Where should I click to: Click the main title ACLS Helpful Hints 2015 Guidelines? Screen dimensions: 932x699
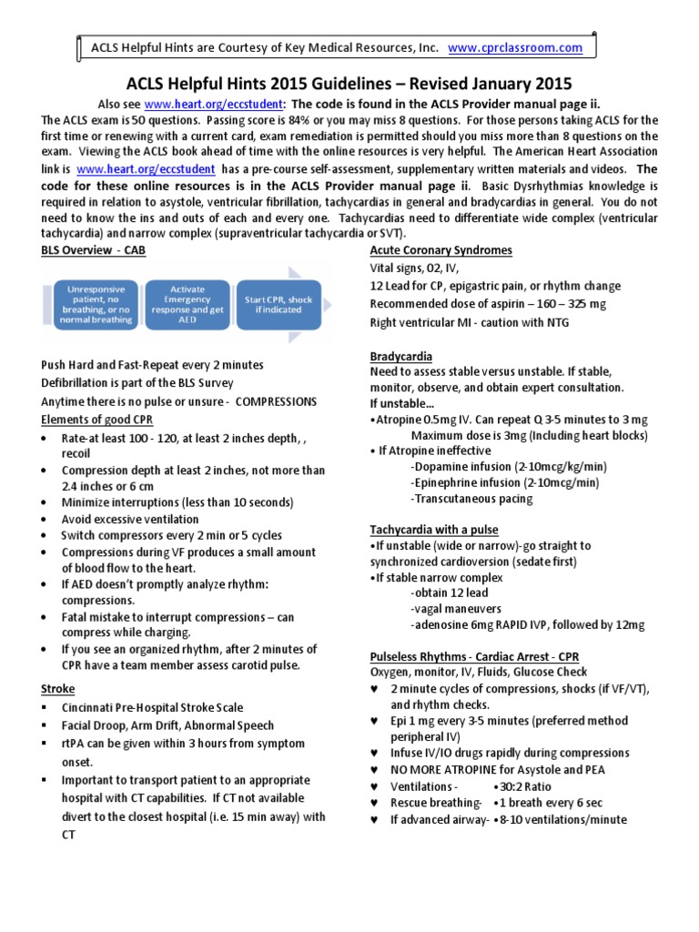click(349, 83)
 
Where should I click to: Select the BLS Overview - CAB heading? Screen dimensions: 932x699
click(92, 249)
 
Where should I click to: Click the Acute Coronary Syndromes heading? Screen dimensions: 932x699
click(441, 250)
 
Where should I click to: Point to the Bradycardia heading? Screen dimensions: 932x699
click(400, 356)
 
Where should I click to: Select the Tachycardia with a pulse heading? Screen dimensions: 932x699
click(433, 529)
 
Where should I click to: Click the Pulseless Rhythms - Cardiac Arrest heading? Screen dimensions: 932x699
click(474, 656)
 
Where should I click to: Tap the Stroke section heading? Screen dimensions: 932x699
click(57, 689)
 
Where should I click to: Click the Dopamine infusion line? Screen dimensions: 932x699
click(509, 466)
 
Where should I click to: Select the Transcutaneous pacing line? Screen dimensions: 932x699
click(472, 499)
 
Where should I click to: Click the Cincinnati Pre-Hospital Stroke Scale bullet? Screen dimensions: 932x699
click(152, 707)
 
